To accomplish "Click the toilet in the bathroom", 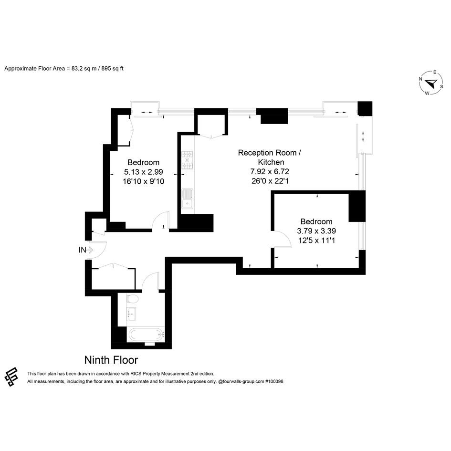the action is point(133,299).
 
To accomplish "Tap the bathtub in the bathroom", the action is point(147,335).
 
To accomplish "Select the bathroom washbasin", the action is point(131,314).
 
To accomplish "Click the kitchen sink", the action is point(187,199).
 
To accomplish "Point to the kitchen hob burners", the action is point(187,160).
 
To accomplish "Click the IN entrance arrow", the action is point(90,250).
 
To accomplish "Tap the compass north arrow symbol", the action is point(431,84).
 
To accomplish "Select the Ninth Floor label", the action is point(111,360).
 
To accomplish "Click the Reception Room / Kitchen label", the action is point(270,157).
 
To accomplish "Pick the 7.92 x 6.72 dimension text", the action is point(270,171).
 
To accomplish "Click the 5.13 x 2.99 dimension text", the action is point(144,172).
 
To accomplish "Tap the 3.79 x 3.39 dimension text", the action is point(316,231).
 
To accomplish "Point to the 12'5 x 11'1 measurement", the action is point(316,240).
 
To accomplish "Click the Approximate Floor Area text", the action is point(64,68).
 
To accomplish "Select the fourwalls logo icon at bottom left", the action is point(11,377).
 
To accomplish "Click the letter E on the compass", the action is point(435,72).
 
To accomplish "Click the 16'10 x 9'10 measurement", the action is point(144,181).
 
